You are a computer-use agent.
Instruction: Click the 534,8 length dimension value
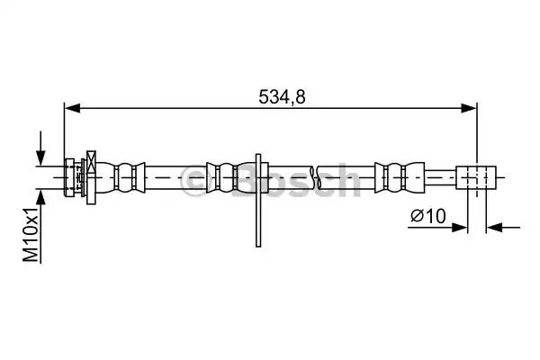pos(282,97)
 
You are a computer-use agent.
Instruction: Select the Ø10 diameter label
pos(428,216)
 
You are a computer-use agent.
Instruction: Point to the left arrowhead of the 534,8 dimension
pos(72,108)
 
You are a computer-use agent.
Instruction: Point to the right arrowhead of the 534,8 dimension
pos(469,108)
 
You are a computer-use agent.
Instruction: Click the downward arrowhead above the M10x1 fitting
pos(41,157)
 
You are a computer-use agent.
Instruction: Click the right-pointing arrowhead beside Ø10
pos(459,228)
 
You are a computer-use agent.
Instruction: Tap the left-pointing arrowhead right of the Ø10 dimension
pos(494,228)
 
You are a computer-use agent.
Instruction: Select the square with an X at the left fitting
pos(91,162)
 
